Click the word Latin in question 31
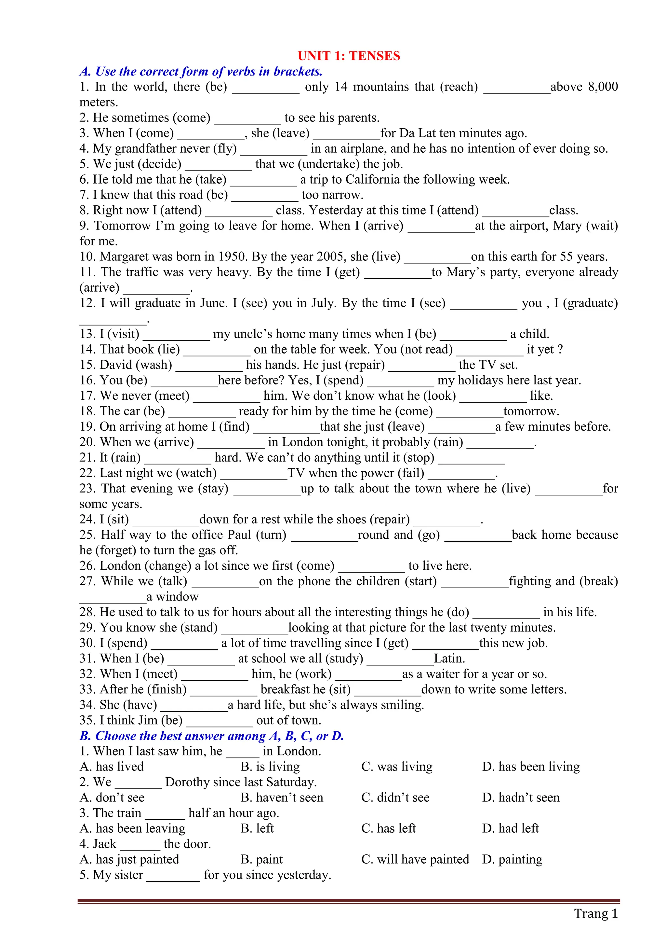point(449,659)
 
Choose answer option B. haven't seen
point(282,797)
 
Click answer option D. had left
point(510,828)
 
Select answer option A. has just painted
point(129,859)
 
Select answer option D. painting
point(512,859)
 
